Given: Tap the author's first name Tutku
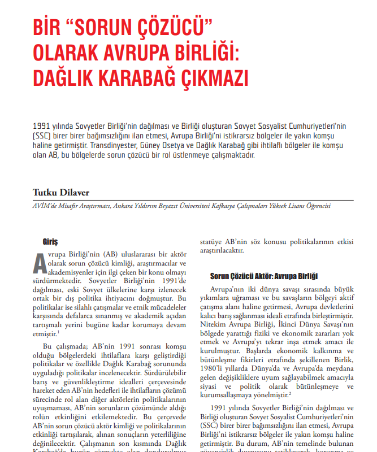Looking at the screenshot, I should click(45, 192).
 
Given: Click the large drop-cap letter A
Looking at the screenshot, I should click(40, 262).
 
